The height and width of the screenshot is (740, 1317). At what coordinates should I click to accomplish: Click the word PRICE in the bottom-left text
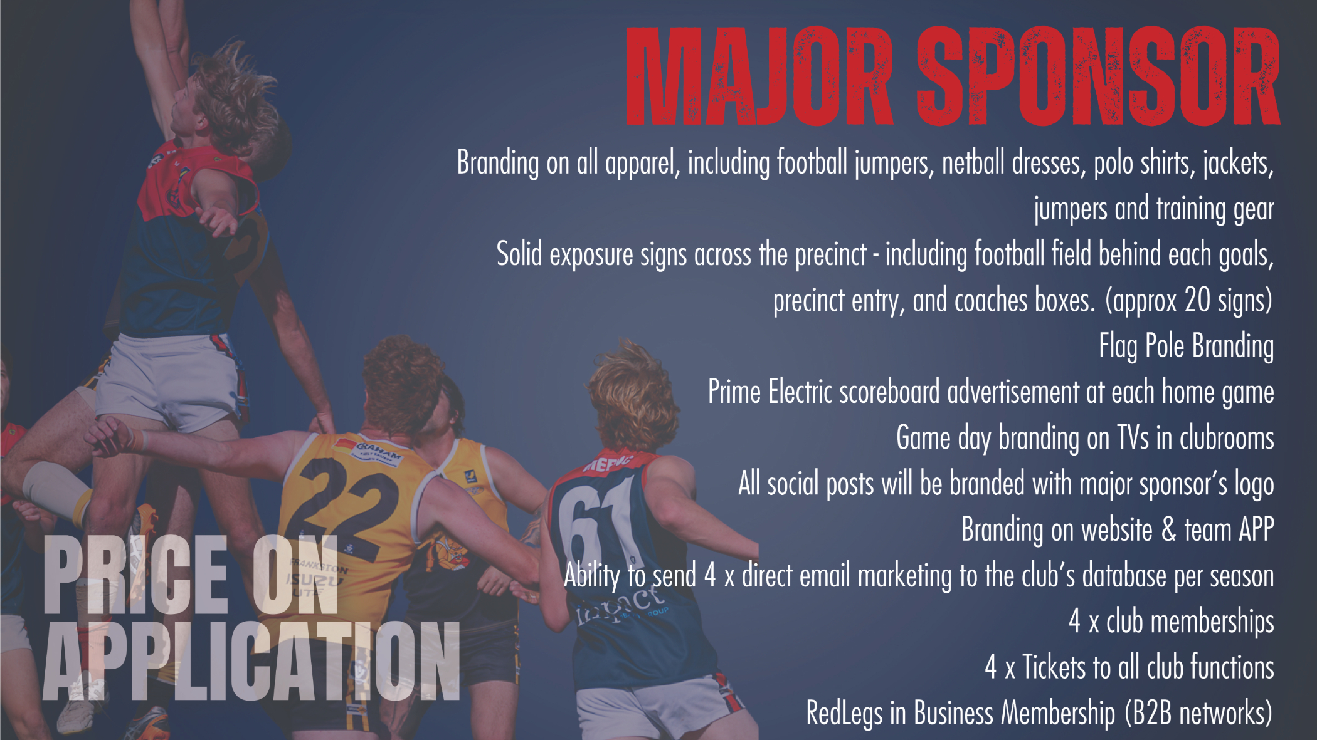pos(135,575)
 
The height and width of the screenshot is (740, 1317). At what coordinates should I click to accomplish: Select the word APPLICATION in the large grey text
pos(251,661)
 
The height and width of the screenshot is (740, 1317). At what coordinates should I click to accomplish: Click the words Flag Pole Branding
pos(1186,347)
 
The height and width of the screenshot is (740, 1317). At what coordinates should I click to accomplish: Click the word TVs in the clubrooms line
pos(1133,438)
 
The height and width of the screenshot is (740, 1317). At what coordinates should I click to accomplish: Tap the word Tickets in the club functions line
pos(1054,667)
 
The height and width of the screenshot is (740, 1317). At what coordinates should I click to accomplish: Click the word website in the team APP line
pos(1117,530)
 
